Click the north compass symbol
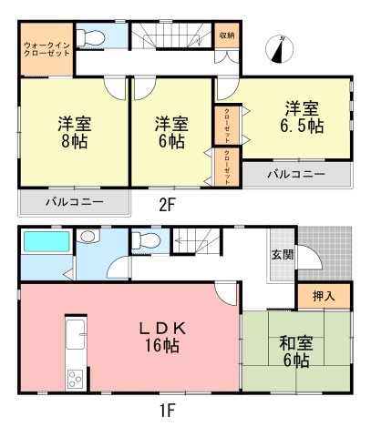tap(279, 49)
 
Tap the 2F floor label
tap(167, 205)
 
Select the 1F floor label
tap(167, 412)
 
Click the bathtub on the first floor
tap(46, 241)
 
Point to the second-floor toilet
tap(90, 38)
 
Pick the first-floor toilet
tap(146, 240)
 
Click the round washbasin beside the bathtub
tap(88, 236)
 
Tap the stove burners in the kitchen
tap(75, 379)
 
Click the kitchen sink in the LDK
tap(75, 334)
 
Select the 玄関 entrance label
tap(283, 255)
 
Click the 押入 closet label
tap(324, 296)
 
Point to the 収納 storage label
tap(227, 35)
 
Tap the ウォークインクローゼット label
tap(46, 49)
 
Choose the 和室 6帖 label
tap(296, 352)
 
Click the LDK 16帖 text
tap(162, 337)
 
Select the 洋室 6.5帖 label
tap(302, 117)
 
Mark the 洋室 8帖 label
tap(75, 132)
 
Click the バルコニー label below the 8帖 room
tap(75, 202)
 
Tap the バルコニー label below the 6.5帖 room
tap(296, 174)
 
